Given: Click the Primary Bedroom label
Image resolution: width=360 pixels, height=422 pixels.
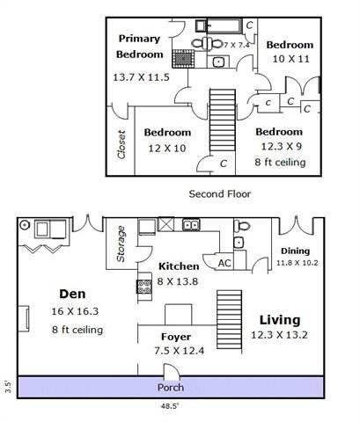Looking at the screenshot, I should (x=139, y=46).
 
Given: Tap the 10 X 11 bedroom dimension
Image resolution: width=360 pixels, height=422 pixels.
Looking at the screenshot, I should (x=290, y=60).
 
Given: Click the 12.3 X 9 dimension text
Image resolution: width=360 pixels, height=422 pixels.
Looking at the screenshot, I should (x=280, y=147).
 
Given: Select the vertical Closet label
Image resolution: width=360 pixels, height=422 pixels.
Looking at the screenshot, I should (x=121, y=147).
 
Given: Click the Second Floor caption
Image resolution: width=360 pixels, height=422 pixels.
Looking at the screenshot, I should (x=220, y=193).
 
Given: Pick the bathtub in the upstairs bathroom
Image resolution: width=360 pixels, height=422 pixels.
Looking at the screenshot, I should (x=218, y=25).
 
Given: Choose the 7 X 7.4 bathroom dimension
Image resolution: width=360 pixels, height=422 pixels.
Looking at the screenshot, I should (x=237, y=44).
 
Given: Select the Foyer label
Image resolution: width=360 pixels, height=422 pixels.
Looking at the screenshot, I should (x=175, y=337).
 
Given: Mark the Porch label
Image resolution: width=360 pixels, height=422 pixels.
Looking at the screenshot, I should (x=170, y=388).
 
